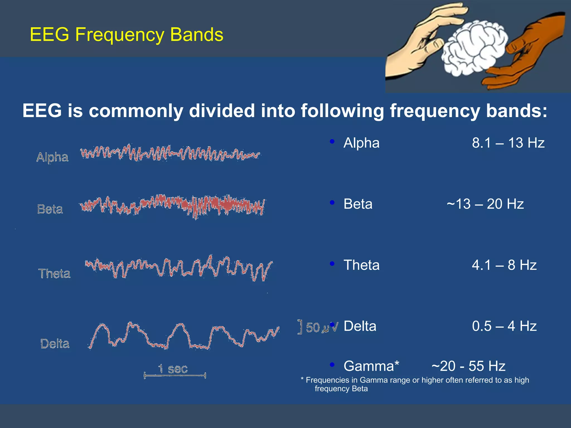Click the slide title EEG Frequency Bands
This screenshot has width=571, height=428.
(126, 35)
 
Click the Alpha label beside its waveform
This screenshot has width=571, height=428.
(52, 157)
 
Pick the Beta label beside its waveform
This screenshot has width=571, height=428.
(50, 209)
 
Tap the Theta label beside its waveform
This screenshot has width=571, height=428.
(54, 273)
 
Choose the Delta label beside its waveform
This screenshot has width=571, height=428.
(55, 344)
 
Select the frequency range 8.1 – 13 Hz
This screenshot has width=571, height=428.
(508, 143)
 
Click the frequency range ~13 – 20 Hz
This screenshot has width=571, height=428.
(485, 204)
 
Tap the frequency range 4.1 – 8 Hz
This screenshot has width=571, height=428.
(504, 265)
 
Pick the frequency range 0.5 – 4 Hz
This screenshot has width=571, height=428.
(504, 326)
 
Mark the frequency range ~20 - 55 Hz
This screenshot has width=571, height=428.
(468, 366)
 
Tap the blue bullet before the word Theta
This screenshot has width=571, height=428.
(332, 264)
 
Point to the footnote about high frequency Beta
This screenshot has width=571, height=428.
(415, 384)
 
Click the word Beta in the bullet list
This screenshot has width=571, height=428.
(358, 204)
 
